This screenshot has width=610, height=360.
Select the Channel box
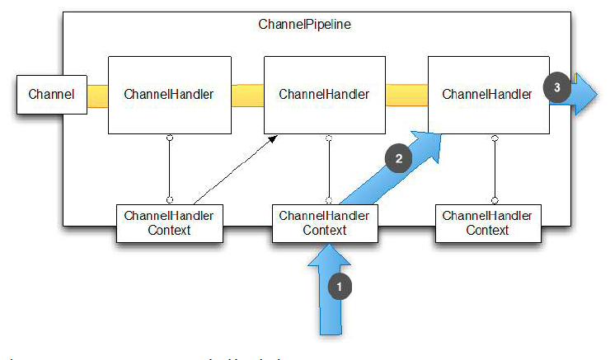[51, 94]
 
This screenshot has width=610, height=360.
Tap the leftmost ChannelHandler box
[169, 94]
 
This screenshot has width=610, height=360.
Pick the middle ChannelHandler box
[324, 94]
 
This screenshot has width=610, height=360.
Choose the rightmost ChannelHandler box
[487, 94]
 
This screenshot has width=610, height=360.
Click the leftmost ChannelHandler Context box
[169, 223]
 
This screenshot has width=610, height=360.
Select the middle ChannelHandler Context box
[325, 223]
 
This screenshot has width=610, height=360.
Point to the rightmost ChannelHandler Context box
[487, 223]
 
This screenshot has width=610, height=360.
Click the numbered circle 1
[340, 287]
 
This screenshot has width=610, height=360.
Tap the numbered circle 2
[399, 159]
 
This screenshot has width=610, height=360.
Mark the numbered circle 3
[556, 86]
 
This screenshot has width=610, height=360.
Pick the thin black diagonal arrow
[235, 170]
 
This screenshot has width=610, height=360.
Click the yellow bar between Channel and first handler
[97, 94]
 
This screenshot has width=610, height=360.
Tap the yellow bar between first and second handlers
[246, 94]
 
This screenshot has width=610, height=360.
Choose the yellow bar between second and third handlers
[407, 94]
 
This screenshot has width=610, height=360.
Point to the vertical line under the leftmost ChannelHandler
[169, 169]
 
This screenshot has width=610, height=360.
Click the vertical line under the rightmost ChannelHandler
[495, 169]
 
